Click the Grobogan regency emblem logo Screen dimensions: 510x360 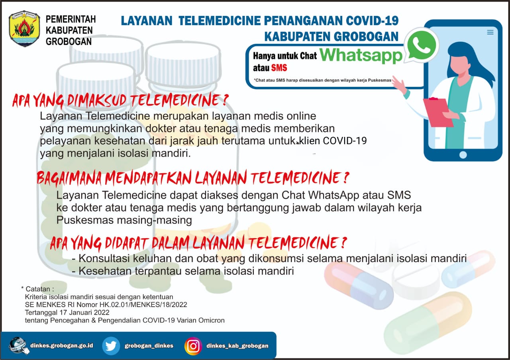click(25, 28)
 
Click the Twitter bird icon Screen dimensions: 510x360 click(111, 346)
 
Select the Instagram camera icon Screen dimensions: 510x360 click(193, 346)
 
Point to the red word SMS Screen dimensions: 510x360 click(279, 68)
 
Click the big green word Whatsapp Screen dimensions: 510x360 click(361, 55)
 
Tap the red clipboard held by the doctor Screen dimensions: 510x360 click(438, 112)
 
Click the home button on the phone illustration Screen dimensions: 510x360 click(463, 155)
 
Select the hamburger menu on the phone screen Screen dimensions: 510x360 click(490, 32)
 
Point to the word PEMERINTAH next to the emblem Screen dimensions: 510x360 click(71, 20)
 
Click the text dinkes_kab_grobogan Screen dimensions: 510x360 click(237, 346)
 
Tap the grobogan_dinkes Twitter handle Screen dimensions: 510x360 click(149, 346)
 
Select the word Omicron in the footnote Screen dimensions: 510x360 click(211, 321)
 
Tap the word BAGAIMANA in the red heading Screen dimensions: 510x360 click(69, 178)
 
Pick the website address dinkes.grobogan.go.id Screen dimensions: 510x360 click(62, 346)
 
